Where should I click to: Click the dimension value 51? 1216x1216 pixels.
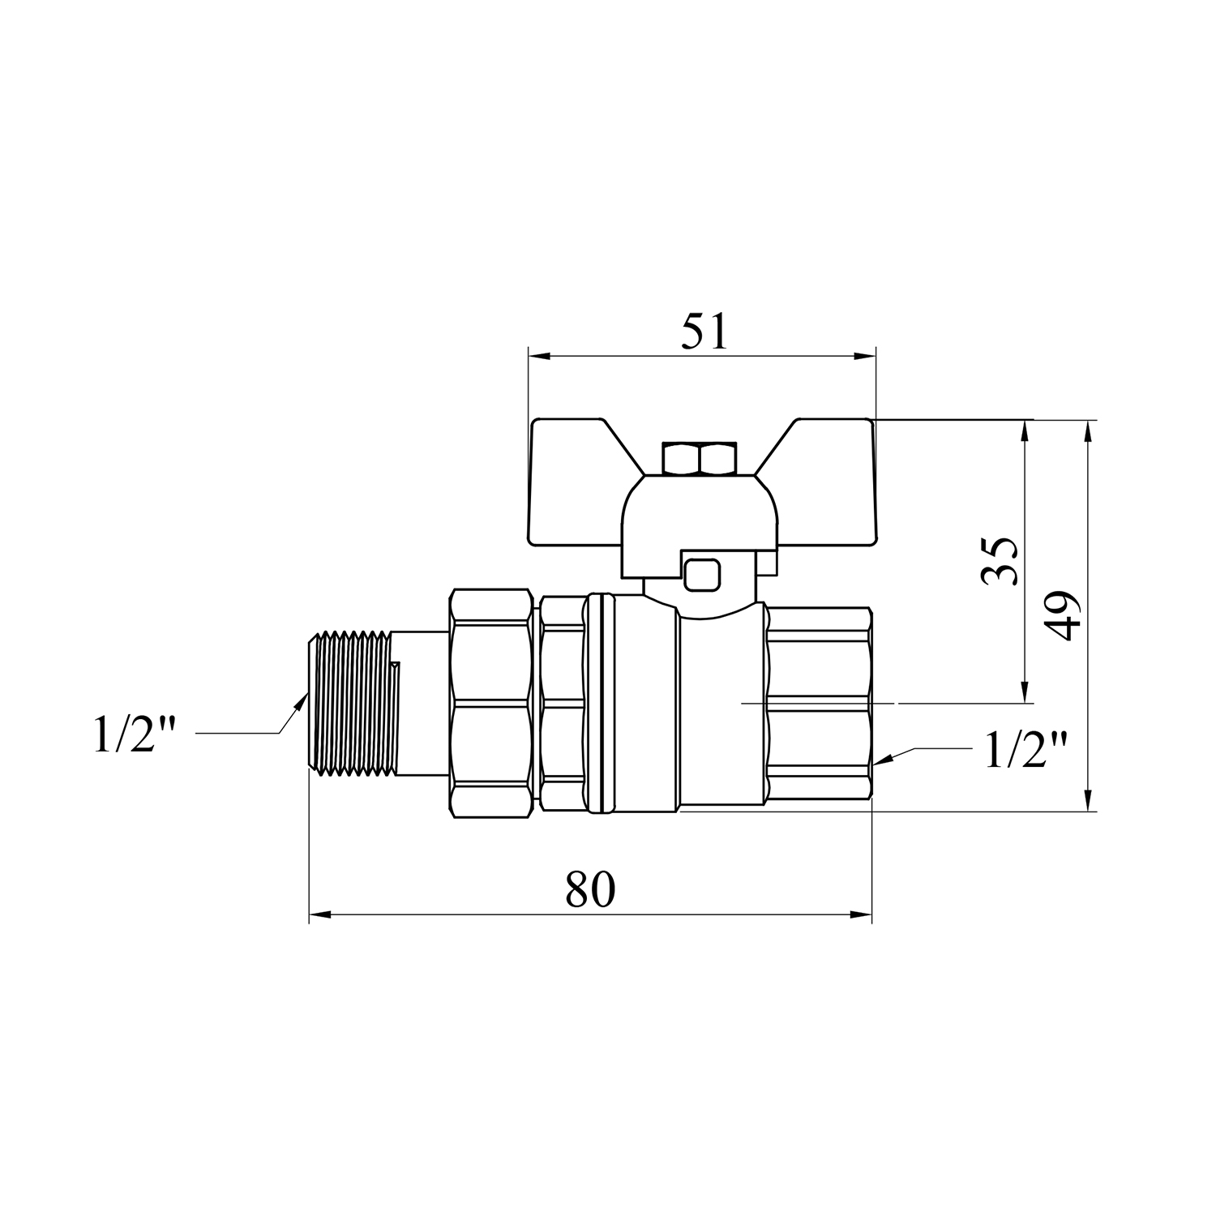click(x=704, y=332)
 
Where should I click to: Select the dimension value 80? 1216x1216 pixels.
click(x=590, y=889)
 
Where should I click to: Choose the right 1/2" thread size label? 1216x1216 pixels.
click(x=1026, y=749)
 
